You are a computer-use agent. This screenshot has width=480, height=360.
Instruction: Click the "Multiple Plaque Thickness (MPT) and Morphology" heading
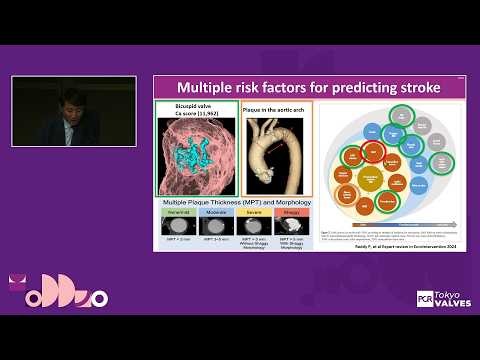(x=235, y=200)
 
